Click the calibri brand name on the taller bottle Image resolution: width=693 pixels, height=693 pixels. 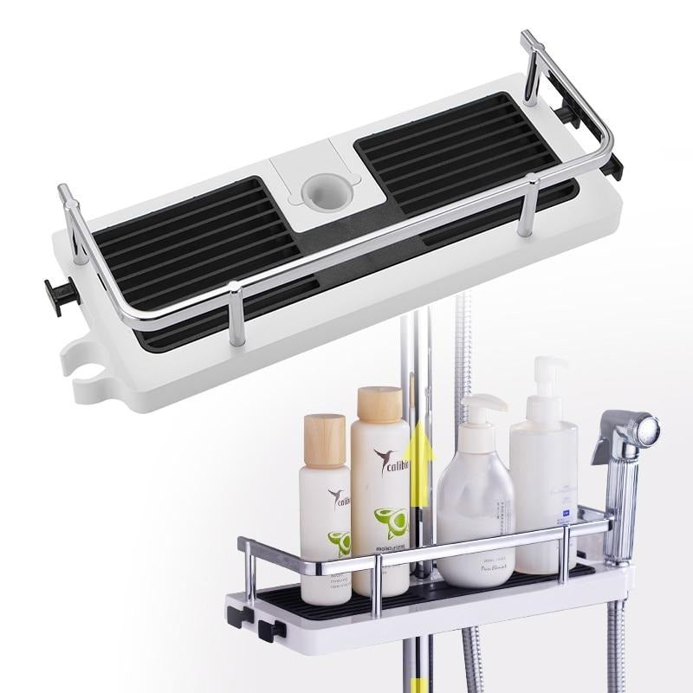386,462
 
